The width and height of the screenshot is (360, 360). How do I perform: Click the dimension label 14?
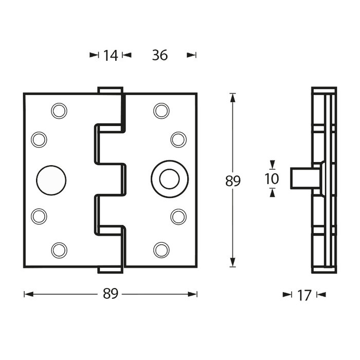pos(110,55)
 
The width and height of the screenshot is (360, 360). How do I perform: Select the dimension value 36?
pos(160,55)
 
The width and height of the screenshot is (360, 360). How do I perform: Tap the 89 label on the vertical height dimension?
pos(233,181)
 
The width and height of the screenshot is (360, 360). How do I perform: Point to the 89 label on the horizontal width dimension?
pos(111,294)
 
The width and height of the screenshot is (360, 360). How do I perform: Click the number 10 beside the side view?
pos(272,178)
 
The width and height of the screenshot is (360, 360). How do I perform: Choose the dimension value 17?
pos(304,295)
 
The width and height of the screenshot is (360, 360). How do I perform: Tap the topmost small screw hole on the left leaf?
pos(59,111)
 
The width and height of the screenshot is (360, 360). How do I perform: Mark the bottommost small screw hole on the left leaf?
pos(59,250)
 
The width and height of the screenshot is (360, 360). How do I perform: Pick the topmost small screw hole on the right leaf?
pos(161,111)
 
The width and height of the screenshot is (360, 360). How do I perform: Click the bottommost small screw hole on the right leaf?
pos(161,250)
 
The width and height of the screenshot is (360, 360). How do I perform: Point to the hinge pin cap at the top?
pos(110,90)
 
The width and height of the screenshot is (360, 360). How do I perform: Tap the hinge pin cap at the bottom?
pos(110,269)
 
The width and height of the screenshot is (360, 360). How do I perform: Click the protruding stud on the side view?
pos(303,178)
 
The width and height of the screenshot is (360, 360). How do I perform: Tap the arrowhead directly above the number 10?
pos(272,165)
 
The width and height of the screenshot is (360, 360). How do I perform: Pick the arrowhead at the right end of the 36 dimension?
pos(192,55)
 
